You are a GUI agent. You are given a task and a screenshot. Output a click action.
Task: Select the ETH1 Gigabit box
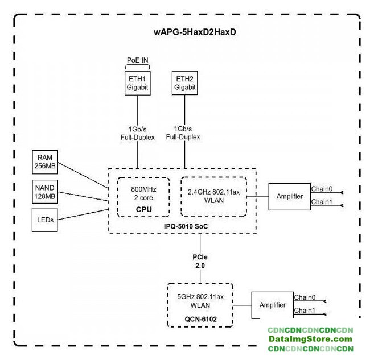point(137,82)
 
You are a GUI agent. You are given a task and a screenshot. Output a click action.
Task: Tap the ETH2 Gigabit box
point(185,82)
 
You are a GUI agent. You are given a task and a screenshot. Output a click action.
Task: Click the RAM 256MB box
point(45,162)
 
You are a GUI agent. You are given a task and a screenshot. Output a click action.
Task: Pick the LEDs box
point(45,220)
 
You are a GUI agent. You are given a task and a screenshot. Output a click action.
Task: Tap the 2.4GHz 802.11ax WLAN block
point(213,196)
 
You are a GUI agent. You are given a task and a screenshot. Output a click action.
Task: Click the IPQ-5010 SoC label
point(183,226)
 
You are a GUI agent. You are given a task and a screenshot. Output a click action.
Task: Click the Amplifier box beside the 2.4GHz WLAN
point(289,197)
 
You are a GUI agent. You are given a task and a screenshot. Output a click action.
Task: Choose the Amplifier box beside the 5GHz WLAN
point(272,305)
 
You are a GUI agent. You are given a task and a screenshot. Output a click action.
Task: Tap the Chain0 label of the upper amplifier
point(322,189)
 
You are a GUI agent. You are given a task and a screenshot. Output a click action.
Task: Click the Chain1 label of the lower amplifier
point(305,311)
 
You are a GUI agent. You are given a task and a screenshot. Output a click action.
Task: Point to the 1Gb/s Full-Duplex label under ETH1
point(137,133)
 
